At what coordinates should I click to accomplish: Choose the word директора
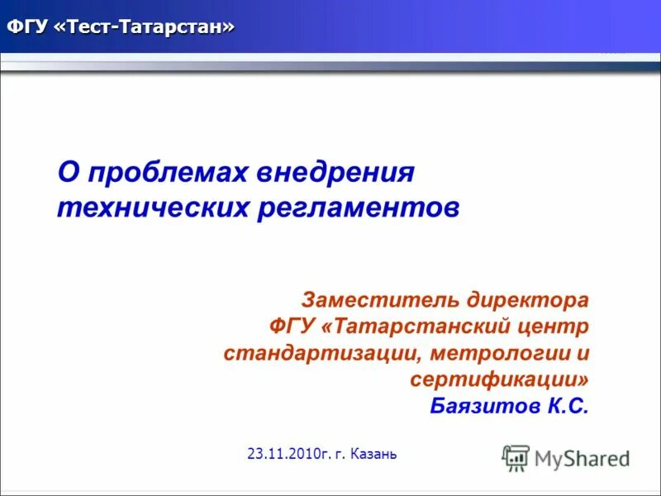point(528,298)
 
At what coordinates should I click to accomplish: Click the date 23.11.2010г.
point(288,454)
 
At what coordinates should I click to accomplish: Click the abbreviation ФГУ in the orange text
point(289,326)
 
